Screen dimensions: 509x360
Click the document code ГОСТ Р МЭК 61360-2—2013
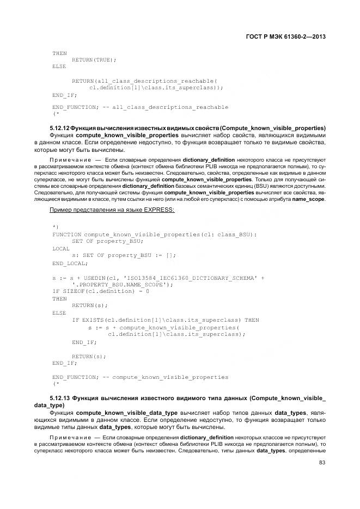288,37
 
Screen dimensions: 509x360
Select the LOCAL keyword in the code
61,248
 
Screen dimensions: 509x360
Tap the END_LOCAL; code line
70,263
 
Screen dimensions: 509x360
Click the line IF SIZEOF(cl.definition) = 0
101,292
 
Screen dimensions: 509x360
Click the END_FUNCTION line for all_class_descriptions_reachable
140,107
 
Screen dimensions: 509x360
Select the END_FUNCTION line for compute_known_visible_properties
140,377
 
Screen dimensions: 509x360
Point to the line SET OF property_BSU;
107,241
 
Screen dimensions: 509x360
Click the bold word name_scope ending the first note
308,199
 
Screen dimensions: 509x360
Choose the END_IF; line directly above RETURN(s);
84,342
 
